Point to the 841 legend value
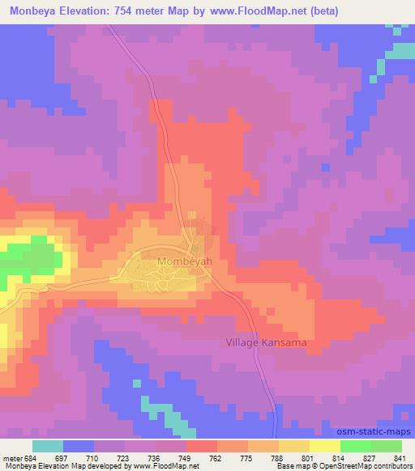401,458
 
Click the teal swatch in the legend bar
48,446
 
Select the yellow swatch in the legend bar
294,446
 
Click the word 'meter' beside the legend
10,458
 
